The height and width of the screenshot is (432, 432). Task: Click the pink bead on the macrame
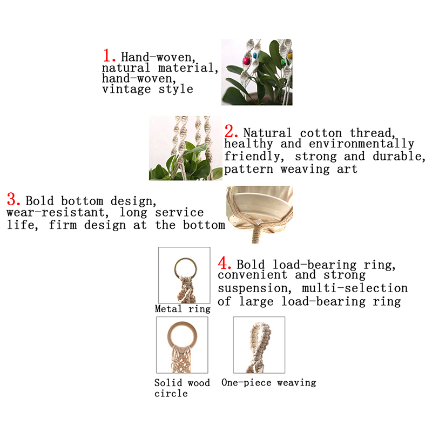(246, 61)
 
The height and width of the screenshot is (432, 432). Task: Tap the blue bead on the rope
(255, 56)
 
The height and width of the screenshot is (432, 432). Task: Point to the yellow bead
(290, 56)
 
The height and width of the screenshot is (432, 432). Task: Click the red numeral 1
(109, 56)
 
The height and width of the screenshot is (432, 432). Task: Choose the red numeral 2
(231, 131)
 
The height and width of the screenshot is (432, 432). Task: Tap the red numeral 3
(13, 199)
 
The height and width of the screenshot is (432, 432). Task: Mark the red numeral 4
(224, 263)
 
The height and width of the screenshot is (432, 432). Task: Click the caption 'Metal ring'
(183, 309)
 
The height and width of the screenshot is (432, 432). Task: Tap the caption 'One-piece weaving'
(268, 382)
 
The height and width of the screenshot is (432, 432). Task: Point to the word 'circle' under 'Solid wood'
(171, 393)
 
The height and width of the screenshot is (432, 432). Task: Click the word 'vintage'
(126, 89)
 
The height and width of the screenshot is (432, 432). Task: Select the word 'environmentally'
(361, 144)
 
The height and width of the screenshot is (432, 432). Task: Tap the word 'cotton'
(321, 133)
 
